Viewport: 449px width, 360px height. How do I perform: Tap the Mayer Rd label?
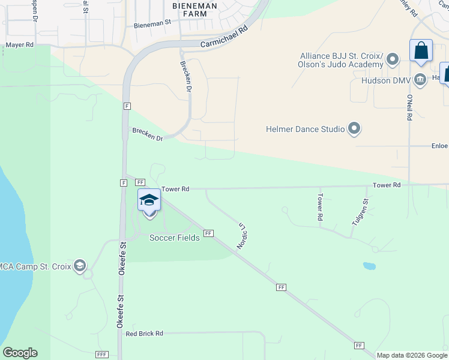point(20,44)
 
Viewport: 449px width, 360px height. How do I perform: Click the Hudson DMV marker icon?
point(420,79)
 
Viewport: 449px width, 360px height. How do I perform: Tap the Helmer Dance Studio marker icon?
point(354,128)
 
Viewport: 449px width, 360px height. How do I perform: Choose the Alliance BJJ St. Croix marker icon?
point(393,59)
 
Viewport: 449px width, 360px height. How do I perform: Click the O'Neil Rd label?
point(409,108)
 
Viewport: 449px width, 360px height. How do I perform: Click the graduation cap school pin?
point(149,200)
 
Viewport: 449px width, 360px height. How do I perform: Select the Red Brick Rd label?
point(145,334)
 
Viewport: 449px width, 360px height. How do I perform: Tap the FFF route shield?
point(101,355)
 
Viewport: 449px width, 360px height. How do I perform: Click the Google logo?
point(20,353)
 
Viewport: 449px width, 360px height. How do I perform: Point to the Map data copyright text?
point(411,355)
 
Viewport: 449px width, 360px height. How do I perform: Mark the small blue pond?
point(369,265)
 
